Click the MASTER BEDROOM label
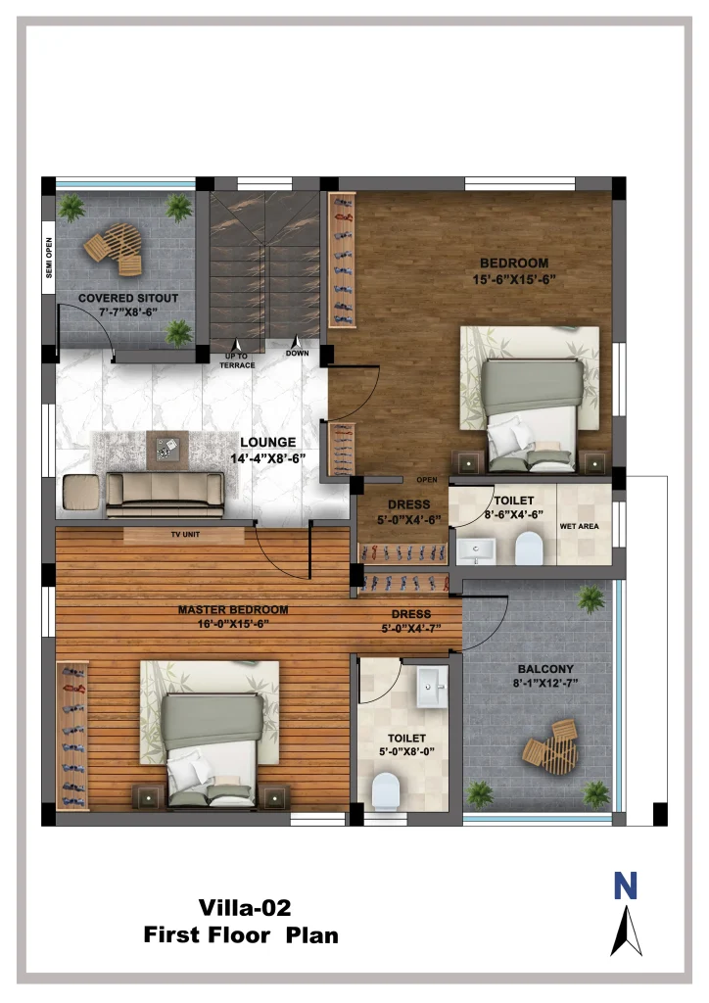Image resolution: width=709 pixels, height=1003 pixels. (233, 609)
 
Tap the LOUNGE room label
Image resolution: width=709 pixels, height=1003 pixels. (268, 442)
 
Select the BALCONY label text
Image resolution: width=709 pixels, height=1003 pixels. (545, 668)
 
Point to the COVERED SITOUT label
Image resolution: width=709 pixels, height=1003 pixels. (128, 298)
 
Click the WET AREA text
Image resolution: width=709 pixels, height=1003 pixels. (579, 526)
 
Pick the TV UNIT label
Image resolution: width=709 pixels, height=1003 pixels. (185, 534)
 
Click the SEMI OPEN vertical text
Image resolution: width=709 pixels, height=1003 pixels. (49, 258)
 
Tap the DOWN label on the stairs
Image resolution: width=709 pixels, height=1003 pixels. (297, 353)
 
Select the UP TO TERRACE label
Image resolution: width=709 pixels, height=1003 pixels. (237, 360)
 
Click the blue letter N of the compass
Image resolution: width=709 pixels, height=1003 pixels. (625, 885)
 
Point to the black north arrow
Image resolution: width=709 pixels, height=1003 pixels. (627, 931)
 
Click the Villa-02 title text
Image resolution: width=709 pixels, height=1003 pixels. (244, 908)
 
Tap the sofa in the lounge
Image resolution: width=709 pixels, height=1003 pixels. (165, 495)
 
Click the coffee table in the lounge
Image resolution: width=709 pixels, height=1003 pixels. (167, 450)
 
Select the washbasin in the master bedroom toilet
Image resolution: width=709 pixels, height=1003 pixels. (433, 687)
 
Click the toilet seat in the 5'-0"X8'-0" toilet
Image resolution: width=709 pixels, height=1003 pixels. (386, 791)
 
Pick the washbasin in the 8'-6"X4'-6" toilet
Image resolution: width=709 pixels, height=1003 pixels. (476, 550)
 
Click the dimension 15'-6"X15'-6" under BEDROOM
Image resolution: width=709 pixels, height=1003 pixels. (514, 279)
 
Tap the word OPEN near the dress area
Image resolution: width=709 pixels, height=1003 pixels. (427, 480)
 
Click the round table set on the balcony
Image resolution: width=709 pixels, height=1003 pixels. (551, 748)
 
